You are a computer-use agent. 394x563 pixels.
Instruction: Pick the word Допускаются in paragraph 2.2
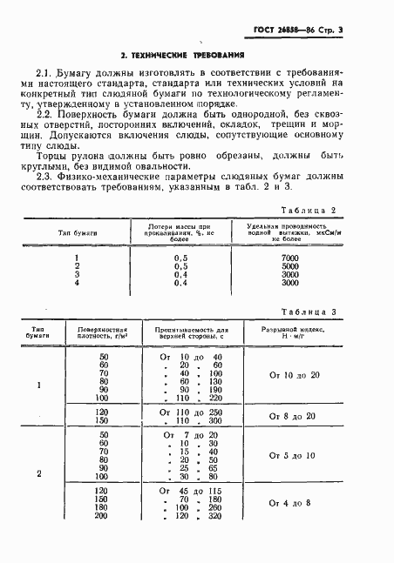click(65, 137)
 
